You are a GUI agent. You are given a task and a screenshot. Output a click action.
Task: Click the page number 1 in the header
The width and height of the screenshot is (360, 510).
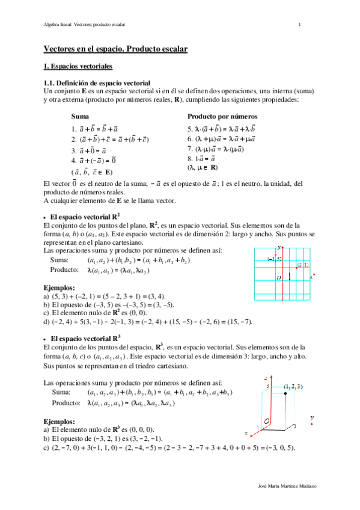pos(299,24)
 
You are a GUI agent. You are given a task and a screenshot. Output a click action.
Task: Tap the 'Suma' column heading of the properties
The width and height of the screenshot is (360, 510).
pos(78,115)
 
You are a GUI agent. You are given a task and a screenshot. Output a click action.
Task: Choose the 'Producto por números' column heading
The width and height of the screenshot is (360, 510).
pos(222,115)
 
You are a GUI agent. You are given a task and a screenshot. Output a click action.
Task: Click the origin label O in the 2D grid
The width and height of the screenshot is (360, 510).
pos(278,278)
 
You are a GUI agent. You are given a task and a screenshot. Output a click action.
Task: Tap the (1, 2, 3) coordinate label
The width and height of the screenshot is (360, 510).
pos(293,386)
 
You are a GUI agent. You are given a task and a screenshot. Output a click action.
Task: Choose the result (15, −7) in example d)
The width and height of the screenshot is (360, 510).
pos(236,322)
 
